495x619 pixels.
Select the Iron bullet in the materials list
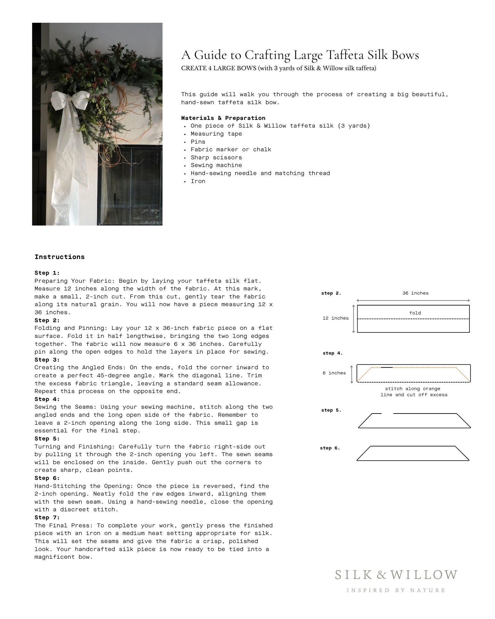198,181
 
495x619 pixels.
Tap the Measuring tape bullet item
216,134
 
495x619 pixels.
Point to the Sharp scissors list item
216,157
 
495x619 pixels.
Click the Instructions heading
60,257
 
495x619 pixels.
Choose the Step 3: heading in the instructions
47,360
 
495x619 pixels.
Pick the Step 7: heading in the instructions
47,517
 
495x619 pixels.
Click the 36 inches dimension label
415,293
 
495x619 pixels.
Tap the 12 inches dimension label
335,318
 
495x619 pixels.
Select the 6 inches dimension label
334,373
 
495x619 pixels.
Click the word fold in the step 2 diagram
415,313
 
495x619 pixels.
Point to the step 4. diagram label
333,353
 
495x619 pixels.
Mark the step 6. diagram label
330,448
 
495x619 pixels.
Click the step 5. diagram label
331,410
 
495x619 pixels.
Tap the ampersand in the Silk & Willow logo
381,575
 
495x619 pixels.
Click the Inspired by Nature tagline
396,590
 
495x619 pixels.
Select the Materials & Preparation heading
223,118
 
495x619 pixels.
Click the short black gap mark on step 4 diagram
387,367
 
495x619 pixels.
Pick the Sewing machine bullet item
216,165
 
